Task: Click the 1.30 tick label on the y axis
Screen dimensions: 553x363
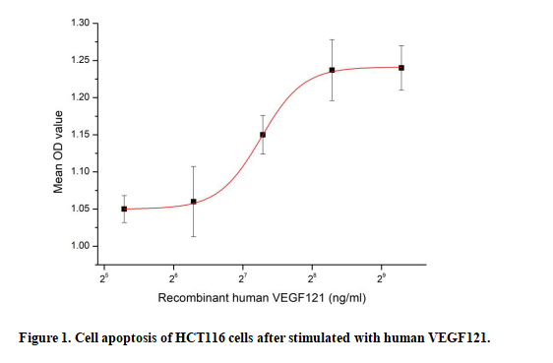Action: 80,23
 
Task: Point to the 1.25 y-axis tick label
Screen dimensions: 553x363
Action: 80,60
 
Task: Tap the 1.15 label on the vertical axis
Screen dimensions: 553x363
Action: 80,135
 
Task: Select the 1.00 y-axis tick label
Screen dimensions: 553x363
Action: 80,246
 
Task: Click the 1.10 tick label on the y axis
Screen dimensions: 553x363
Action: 80,171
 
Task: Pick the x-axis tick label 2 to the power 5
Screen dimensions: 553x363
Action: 103,278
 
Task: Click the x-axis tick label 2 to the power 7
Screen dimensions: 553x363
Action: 242,278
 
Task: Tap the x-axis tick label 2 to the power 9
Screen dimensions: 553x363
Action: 381,278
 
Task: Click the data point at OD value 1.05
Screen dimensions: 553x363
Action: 124,209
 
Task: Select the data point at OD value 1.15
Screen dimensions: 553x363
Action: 263,135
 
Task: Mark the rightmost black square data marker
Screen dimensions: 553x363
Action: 401,68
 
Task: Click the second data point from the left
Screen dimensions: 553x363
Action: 194,202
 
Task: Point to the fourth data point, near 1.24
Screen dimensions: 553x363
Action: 332,70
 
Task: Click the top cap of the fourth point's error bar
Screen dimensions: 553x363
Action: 332,39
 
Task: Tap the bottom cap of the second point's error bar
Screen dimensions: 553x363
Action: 194,236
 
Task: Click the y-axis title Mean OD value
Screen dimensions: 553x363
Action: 58,151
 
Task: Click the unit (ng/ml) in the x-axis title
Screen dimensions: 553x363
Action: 347,298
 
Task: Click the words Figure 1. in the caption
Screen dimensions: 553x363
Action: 45,338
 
